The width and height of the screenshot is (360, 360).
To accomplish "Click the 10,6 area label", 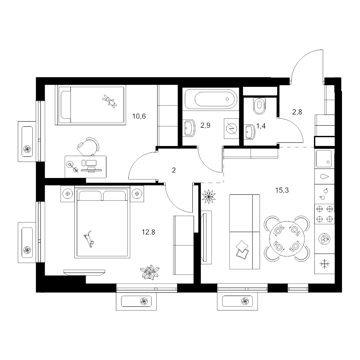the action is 139,116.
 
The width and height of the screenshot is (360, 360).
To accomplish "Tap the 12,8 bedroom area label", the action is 148,232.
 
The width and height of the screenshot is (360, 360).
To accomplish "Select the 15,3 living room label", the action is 282,190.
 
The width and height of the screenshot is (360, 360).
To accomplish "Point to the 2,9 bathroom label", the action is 205,125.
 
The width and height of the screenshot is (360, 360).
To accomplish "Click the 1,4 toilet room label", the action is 261,126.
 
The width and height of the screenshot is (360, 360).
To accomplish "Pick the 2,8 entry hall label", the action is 297,112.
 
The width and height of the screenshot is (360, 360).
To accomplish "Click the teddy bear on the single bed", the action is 110,101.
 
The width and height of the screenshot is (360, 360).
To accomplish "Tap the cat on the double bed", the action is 89,239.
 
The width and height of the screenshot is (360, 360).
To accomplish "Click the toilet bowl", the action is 259,106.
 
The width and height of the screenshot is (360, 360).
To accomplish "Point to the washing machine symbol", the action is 232,128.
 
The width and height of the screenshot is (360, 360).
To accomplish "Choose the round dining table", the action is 287,238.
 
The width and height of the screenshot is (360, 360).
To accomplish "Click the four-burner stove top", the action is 324,214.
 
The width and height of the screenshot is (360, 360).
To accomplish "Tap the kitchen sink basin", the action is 324,159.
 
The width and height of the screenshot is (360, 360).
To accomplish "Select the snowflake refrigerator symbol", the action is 325,264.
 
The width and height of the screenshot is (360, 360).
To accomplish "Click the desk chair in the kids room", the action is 89,146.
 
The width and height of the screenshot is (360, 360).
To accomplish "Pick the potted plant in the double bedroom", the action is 150,272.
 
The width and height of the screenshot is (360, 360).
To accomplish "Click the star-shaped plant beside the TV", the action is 209,196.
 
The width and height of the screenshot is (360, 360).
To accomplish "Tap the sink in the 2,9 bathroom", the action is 190,128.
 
